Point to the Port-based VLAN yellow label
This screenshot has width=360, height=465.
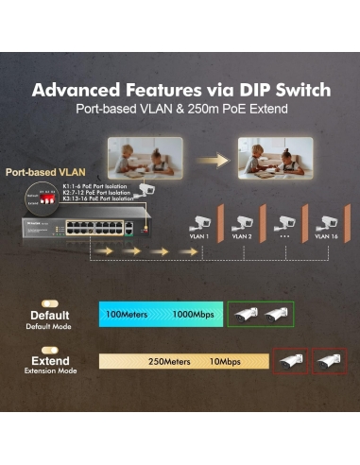pos(41,173)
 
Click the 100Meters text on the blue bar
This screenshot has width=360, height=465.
pos(127,313)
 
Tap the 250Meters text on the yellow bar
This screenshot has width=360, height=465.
pos(169,361)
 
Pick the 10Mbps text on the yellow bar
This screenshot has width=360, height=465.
pos(226,361)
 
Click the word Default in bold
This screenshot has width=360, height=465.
pos(49,315)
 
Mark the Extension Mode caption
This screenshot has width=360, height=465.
pos(50,371)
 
